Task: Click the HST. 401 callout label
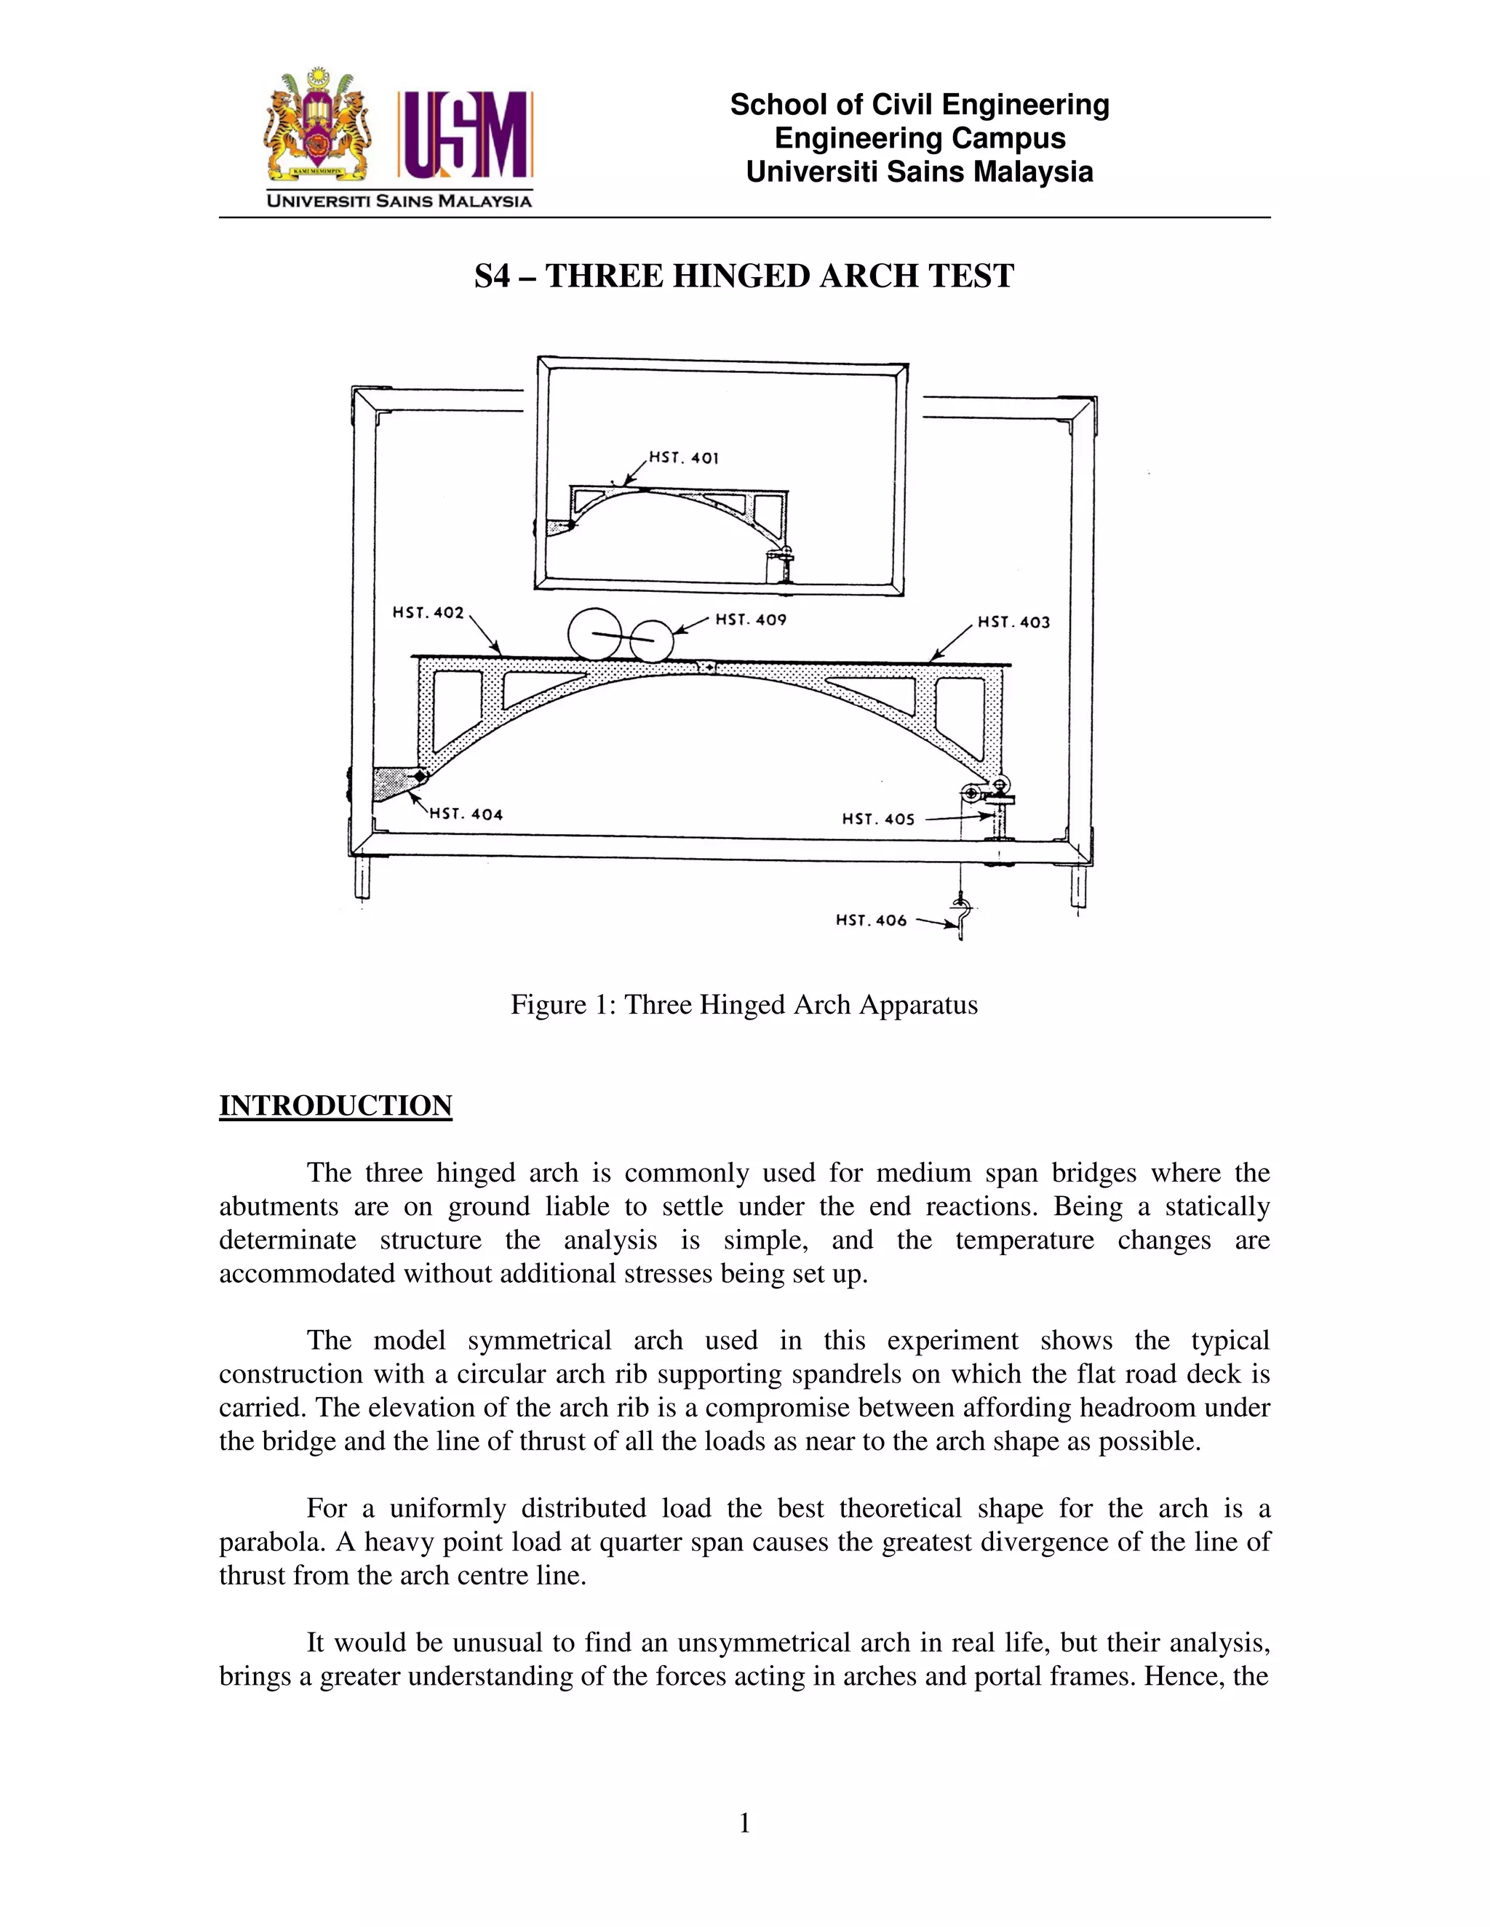tap(684, 457)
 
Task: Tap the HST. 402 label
tap(428, 612)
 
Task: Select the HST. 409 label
tap(750, 620)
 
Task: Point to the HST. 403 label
tap(1013, 622)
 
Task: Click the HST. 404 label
tap(466, 814)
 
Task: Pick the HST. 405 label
tap(877, 819)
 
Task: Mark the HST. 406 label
tap(871, 921)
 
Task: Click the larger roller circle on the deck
tap(594, 633)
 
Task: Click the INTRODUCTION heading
tap(335, 1105)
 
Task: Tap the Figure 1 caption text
tap(744, 1005)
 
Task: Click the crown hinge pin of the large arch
tap(707, 668)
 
